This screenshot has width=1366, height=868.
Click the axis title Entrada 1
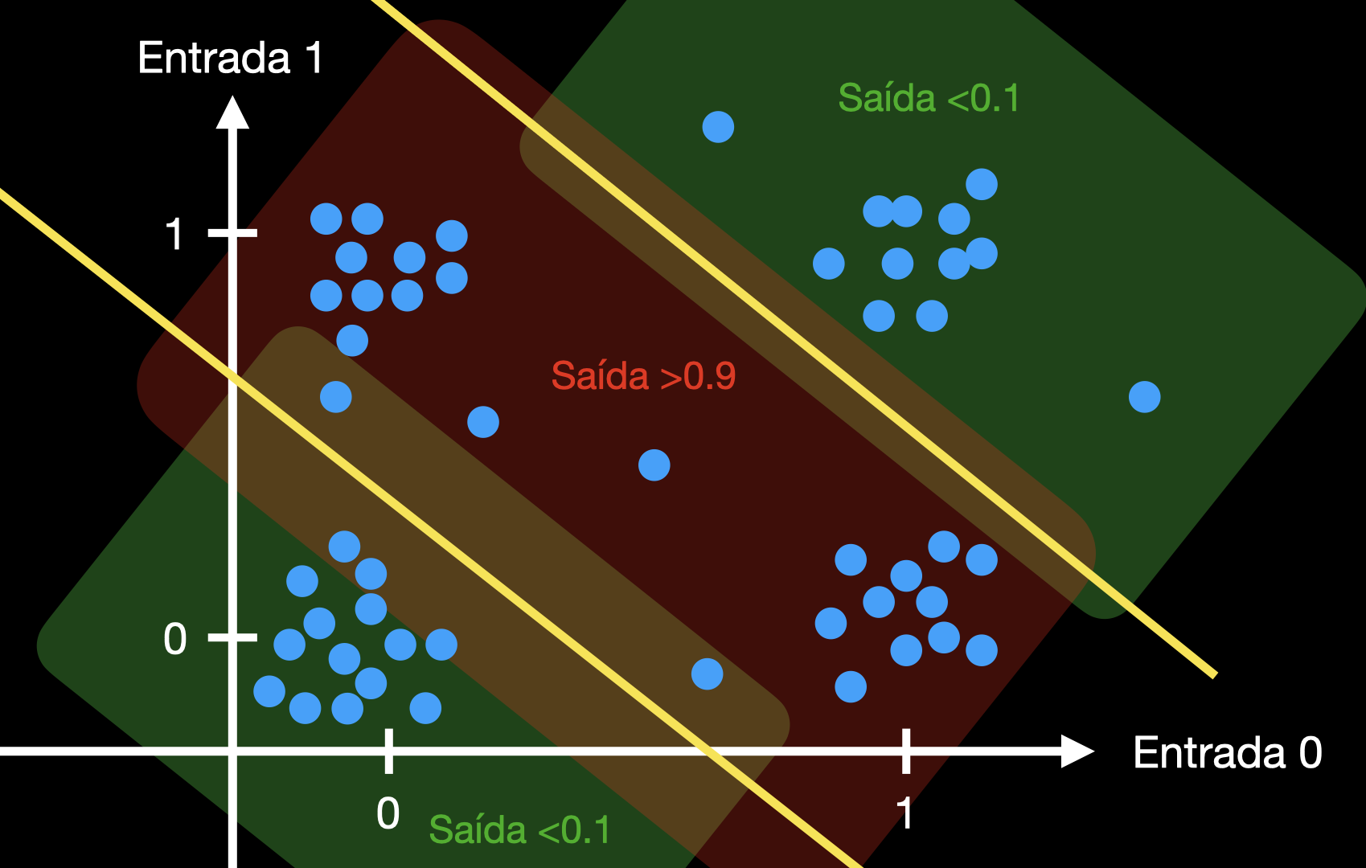pyautogui.click(x=230, y=58)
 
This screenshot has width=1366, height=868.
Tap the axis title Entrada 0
pyautogui.click(x=1227, y=753)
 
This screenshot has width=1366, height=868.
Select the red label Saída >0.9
pyautogui.click(x=643, y=376)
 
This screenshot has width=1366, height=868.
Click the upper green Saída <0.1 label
pyautogui.click(x=929, y=99)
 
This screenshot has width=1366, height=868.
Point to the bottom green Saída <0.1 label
pyautogui.click(x=519, y=829)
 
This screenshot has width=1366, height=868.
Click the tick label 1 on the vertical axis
pyautogui.click(x=174, y=235)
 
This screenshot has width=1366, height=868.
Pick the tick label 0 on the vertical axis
pyautogui.click(x=174, y=640)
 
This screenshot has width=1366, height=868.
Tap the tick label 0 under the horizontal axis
pyautogui.click(x=388, y=813)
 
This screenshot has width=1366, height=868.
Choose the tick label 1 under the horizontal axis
pyautogui.click(x=905, y=813)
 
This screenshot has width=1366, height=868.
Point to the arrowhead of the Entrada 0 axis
pyautogui.click(x=1077, y=751)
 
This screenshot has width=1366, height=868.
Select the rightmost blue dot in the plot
pyautogui.click(x=1144, y=397)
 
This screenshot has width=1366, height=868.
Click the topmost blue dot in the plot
pyautogui.click(x=718, y=127)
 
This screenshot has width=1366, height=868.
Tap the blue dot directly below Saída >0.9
pyautogui.click(x=654, y=465)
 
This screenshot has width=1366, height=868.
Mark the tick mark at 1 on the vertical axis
pyautogui.click(x=232, y=233)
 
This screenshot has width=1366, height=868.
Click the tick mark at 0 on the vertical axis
pyautogui.click(x=232, y=637)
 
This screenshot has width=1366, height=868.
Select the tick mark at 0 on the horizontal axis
pyautogui.click(x=388, y=751)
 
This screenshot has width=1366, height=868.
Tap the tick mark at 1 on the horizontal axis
pyautogui.click(x=906, y=751)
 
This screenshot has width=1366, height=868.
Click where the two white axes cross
pyautogui.click(x=232, y=751)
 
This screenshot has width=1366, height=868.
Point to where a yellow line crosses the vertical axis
pyautogui.click(x=232, y=376)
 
